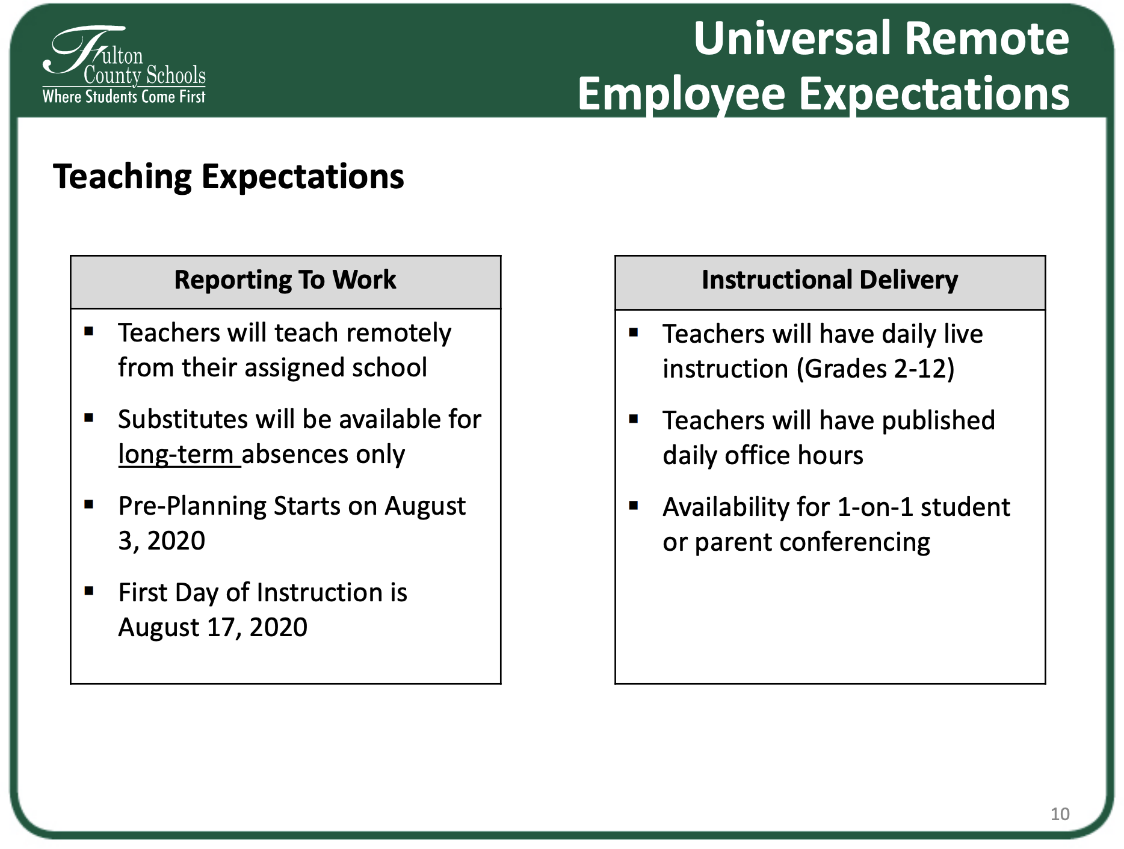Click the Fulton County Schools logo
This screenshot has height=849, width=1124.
(124, 65)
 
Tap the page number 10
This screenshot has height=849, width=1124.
(1060, 814)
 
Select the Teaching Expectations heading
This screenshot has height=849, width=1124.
(229, 177)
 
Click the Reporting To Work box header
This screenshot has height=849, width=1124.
(285, 280)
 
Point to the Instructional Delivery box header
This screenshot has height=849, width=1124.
(830, 280)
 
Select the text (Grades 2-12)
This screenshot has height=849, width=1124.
(875, 369)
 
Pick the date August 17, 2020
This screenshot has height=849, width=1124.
(213, 628)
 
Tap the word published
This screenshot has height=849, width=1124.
(938, 421)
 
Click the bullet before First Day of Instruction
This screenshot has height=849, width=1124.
(89, 590)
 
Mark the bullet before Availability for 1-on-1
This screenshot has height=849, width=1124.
(634, 505)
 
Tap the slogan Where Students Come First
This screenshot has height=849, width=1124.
(124, 97)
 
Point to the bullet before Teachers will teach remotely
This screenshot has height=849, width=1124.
(89, 331)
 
